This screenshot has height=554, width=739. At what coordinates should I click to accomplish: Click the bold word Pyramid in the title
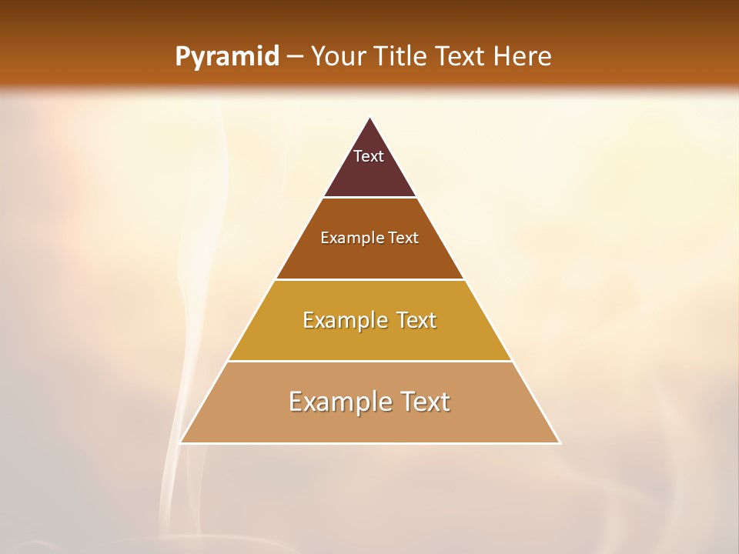pos(226,57)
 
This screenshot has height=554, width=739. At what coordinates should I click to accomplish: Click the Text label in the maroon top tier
pos(369,156)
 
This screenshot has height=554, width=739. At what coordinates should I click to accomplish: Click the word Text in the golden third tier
pos(418,320)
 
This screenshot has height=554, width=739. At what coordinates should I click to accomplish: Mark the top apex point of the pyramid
pos(370,118)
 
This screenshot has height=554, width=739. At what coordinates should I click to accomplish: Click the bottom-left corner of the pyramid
pos(180,442)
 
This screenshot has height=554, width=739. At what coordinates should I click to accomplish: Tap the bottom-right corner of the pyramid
pos(560,442)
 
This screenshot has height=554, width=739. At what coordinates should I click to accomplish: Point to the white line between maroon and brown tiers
pos(370,197)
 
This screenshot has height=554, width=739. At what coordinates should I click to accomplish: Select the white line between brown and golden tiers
pos(370,279)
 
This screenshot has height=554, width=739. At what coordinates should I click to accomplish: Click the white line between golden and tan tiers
pos(370,361)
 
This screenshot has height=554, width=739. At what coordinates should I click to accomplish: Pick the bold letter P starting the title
pos(182,57)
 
